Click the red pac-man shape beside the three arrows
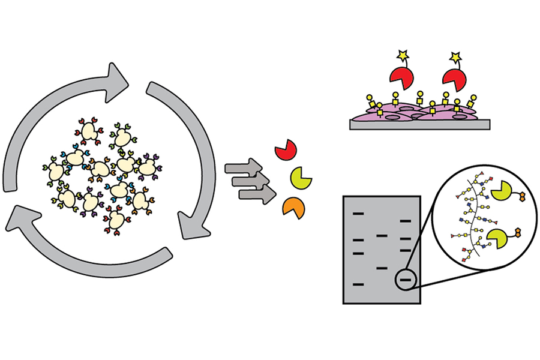tap(285, 150)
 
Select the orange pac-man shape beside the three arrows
tap(293, 207)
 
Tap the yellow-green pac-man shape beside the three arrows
tap(300, 178)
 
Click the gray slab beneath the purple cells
tap(420, 124)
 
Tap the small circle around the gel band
tap(405, 279)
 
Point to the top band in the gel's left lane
tap(359, 213)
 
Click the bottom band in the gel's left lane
tap(359, 283)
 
